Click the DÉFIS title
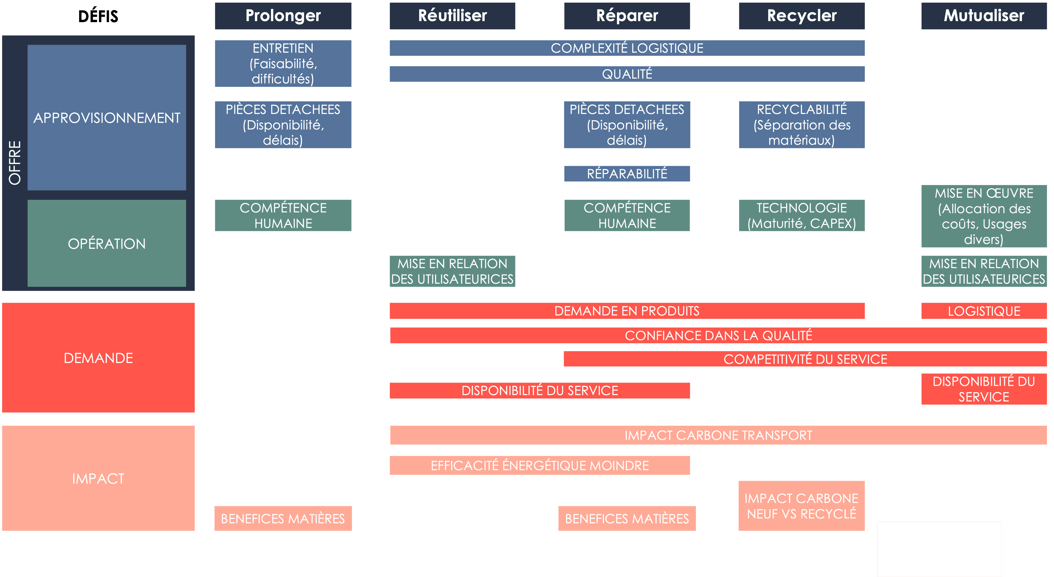(98, 16)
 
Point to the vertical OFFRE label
(15, 163)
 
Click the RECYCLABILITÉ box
(802, 125)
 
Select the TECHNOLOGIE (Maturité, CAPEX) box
(802, 215)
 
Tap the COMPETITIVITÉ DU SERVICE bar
(805, 359)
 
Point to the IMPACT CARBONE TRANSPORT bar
(718, 435)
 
